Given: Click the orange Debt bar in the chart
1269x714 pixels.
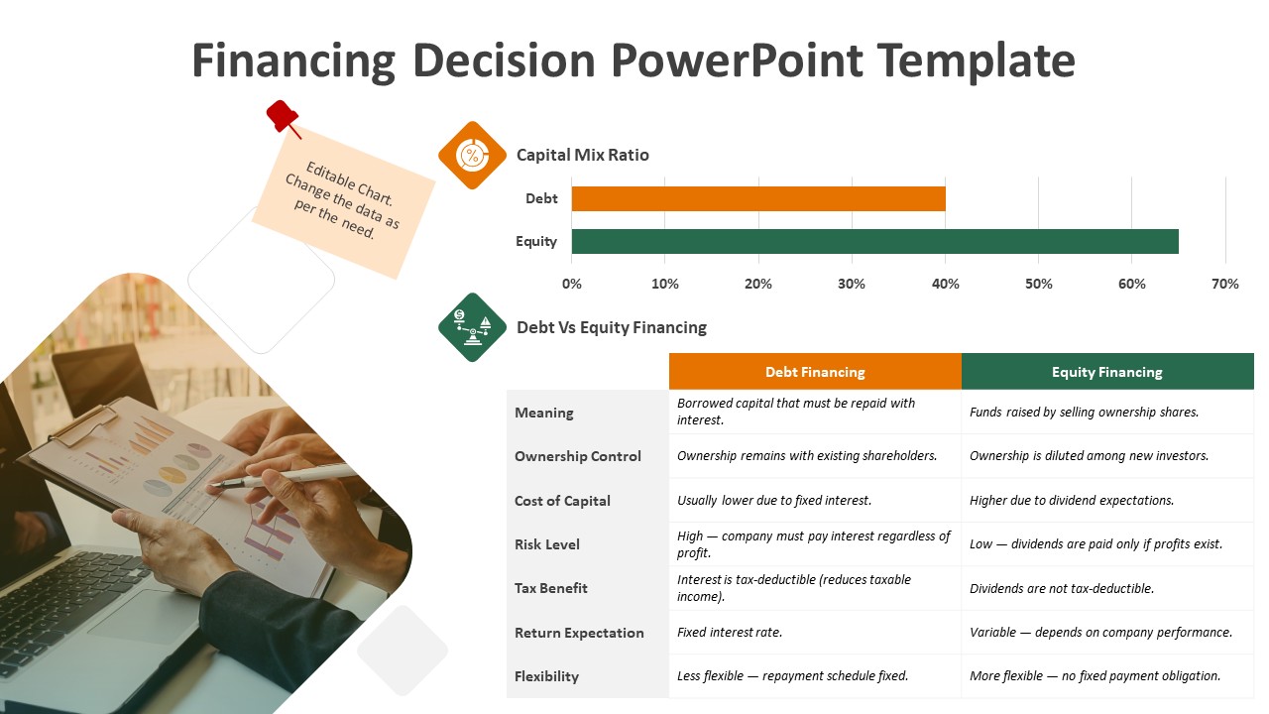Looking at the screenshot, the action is (x=758, y=198).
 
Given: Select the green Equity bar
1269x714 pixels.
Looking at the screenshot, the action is (x=874, y=241).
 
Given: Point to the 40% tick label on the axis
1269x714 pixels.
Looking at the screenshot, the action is (x=945, y=284).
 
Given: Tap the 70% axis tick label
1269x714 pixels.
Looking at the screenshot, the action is (x=1224, y=284).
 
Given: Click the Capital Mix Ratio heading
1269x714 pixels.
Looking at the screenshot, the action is (x=582, y=155).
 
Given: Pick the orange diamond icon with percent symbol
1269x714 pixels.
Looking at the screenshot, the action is (x=472, y=156).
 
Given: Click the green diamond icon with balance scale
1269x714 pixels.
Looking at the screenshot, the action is (x=472, y=327).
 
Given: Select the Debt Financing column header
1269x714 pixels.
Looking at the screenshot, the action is (x=815, y=372).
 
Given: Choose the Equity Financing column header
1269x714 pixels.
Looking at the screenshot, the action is (x=1107, y=372).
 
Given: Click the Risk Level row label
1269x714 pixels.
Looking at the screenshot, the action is (x=546, y=544).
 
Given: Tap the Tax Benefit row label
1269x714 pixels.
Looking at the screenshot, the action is (x=550, y=588).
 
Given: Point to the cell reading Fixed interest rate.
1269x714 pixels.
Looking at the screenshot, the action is (x=729, y=633).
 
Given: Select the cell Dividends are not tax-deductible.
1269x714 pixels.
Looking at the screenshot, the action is (x=1062, y=589).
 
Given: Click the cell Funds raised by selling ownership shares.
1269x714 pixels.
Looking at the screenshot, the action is (x=1084, y=412).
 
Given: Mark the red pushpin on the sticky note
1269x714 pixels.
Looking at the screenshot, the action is (x=283, y=118).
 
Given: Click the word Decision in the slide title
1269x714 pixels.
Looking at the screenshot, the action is (x=504, y=60).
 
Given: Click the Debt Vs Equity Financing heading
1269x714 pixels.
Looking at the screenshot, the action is (x=612, y=327).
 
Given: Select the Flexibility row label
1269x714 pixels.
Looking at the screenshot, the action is (x=546, y=676).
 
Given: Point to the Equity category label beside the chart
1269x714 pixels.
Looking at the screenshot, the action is (x=536, y=241).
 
